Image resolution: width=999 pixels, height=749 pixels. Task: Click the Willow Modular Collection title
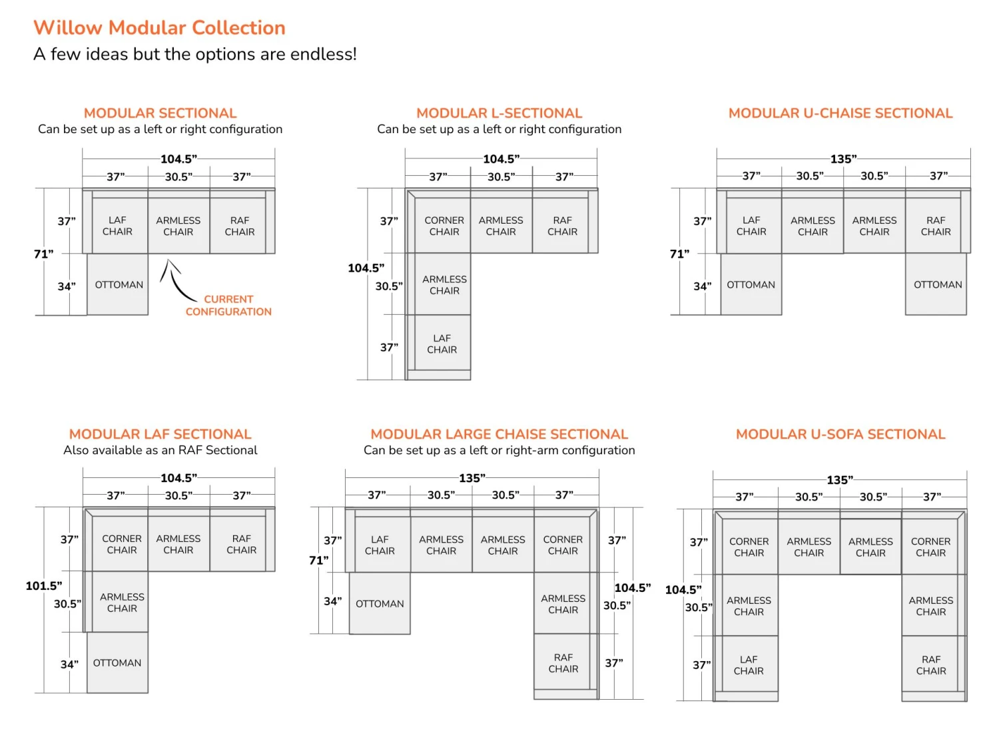point(159,28)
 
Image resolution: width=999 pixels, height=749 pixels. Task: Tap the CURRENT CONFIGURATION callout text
point(228,306)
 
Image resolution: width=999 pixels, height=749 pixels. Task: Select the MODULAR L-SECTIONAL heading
point(499,113)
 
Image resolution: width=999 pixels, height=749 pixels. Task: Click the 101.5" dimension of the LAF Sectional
point(44,586)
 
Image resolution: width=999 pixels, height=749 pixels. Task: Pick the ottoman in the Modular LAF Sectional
point(117,662)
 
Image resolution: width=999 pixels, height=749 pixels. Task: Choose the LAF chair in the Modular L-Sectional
point(442,344)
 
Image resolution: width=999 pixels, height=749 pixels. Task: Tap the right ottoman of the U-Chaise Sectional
point(937,284)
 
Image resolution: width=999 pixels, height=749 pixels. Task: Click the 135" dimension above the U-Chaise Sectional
point(843,159)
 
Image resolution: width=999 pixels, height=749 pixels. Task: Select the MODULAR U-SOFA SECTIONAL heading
point(840,434)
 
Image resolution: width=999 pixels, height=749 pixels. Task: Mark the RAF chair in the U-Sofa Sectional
point(930,665)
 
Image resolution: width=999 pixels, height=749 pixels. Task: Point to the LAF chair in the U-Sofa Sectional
point(749,665)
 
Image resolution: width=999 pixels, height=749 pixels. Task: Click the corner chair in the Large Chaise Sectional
point(563,545)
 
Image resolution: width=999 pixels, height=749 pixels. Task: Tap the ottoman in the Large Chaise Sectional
point(380,603)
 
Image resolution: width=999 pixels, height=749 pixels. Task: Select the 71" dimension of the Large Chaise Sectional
point(318,561)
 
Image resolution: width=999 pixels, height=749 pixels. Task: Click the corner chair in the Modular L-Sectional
point(444,226)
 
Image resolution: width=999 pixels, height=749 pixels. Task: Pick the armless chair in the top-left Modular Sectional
point(178,226)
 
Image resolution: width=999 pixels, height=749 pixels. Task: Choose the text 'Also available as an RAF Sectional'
point(160,450)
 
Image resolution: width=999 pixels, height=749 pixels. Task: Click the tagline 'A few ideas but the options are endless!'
point(195,54)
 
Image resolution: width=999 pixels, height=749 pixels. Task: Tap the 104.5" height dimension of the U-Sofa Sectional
point(683,590)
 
